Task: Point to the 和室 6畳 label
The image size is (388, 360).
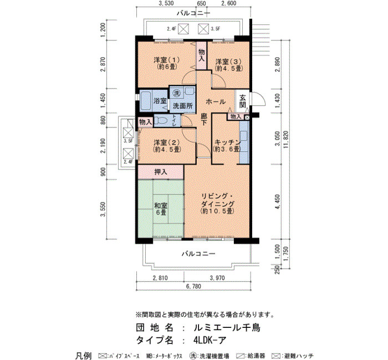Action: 161,209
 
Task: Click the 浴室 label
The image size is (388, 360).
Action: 160,101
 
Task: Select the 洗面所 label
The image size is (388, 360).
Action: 182,106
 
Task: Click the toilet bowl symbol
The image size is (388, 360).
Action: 161,121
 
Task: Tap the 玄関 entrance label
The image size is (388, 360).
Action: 243,101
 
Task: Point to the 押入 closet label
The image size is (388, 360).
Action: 161,172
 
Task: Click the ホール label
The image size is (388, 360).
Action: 216,101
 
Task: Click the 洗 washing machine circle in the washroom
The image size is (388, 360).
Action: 176,93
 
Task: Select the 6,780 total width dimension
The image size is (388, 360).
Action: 193,286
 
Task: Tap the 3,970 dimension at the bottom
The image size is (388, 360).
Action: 217,278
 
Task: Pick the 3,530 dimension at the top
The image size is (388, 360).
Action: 166,3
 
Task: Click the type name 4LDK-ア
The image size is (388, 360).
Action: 210,341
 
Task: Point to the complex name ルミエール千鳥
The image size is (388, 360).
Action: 227,328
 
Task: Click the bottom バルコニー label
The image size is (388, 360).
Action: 198,254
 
